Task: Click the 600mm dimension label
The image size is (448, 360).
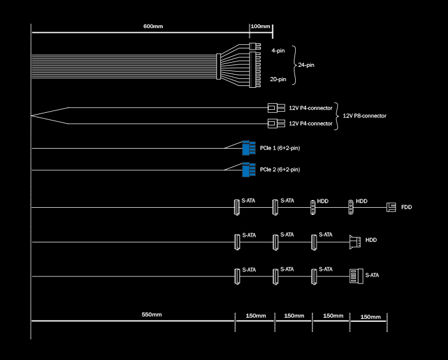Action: coord(153,27)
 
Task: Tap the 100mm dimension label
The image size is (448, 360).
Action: coord(260,27)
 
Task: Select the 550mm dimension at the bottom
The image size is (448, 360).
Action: coord(152,315)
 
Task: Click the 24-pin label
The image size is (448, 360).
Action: coord(306,64)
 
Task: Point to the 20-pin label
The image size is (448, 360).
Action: coord(278,79)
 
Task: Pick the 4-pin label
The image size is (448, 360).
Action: coord(278,51)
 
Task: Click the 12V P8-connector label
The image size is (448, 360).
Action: coord(364,116)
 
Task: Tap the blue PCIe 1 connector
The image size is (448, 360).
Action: coord(248,147)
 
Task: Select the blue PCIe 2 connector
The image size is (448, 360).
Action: coord(248,170)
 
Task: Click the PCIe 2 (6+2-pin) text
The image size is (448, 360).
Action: coord(280,170)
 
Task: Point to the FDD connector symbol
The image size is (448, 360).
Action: coord(391,207)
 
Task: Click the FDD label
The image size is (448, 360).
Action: coord(406,207)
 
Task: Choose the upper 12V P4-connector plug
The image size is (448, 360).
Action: coord(276,108)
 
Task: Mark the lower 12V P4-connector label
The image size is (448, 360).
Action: coord(310,124)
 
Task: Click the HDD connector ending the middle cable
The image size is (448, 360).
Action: coord(355,242)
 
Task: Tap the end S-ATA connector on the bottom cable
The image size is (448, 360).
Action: coord(355,276)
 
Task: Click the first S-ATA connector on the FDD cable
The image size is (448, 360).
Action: coord(237,207)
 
